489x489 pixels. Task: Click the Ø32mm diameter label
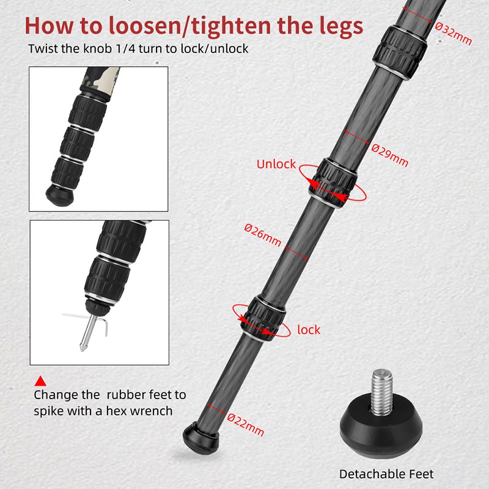coord(454,34)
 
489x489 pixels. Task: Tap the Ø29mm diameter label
coord(390,155)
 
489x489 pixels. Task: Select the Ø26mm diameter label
coord(263,235)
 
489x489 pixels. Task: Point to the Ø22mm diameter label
coord(246,424)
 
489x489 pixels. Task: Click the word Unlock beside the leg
coord(276,164)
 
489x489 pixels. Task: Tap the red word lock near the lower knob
coord(309,329)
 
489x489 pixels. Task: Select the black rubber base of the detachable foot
coord(381,427)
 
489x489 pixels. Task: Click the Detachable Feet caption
coord(386,474)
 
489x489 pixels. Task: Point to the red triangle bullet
coord(40,381)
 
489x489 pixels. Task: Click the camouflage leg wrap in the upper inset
coord(100,82)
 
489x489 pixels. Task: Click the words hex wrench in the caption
coord(139,411)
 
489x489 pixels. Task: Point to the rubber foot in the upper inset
coord(60,194)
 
